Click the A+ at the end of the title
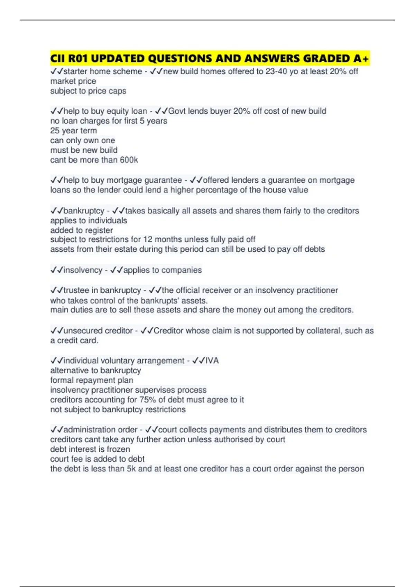click(x=361, y=58)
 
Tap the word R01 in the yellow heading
click(x=78, y=58)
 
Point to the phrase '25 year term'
click(x=74, y=131)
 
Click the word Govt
click(x=177, y=111)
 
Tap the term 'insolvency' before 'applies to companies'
click(x=83, y=270)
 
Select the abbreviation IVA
click(x=212, y=361)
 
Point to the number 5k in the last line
click(x=131, y=469)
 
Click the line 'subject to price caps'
click(x=88, y=91)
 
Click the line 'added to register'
click(x=82, y=230)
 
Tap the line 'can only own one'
click(x=83, y=141)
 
